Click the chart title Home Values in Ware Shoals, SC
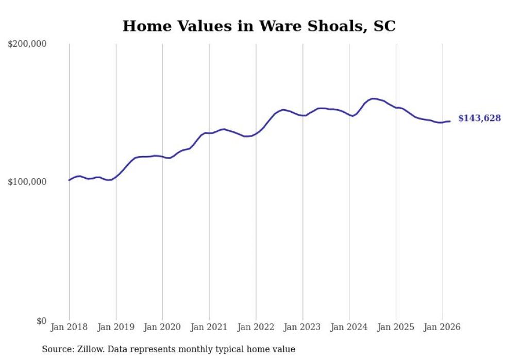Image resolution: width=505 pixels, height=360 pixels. click(x=259, y=26)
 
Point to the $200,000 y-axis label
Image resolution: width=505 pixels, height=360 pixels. click(x=27, y=44)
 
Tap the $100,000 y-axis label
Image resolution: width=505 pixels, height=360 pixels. click(x=27, y=182)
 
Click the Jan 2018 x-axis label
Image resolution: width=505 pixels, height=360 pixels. click(x=69, y=327)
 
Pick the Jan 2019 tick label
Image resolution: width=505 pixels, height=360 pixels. click(x=116, y=327)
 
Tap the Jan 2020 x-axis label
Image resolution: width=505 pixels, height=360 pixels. click(x=162, y=327)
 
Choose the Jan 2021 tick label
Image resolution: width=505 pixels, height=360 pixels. click(x=209, y=327)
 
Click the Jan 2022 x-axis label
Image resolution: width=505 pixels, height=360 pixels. click(x=256, y=327)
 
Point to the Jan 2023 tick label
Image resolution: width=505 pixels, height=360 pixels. click(x=302, y=327)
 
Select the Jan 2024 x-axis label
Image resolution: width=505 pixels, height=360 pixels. click(x=349, y=327)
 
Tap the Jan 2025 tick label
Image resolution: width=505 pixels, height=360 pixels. click(x=396, y=327)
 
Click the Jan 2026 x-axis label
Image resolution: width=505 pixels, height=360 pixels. click(x=442, y=327)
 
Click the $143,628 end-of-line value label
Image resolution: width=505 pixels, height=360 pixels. click(x=479, y=118)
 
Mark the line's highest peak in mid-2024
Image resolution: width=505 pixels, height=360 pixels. click(x=373, y=98)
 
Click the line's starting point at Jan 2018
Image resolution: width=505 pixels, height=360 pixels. click(x=69, y=180)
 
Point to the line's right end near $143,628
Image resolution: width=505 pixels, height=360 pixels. click(x=450, y=121)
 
